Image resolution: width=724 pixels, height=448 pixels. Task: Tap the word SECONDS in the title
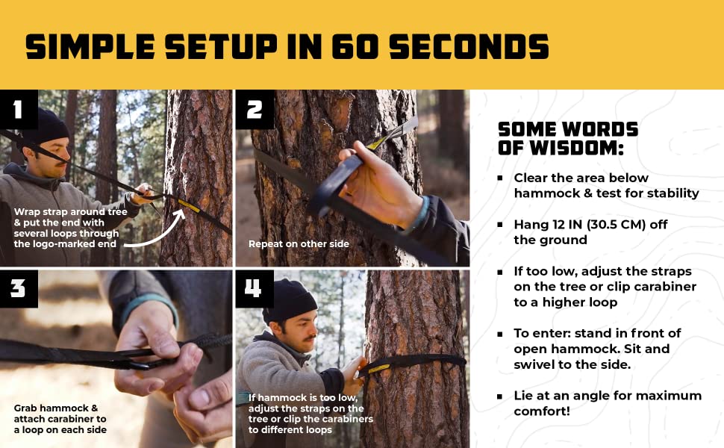(469, 46)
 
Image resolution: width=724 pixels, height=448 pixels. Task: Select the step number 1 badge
(19, 110)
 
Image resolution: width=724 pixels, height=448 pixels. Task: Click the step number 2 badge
(255, 110)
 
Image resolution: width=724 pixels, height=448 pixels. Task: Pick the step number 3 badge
(19, 289)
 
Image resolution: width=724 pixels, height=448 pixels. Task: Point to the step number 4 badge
(255, 289)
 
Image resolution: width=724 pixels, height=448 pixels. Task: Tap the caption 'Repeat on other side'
(299, 244)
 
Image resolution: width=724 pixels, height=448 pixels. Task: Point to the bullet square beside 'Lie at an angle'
(500, 396)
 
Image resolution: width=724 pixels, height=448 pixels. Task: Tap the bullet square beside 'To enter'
(500, 334)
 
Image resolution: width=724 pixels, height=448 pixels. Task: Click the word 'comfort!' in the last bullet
(542, 411)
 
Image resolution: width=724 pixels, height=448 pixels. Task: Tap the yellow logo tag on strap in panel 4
(378, 368)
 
